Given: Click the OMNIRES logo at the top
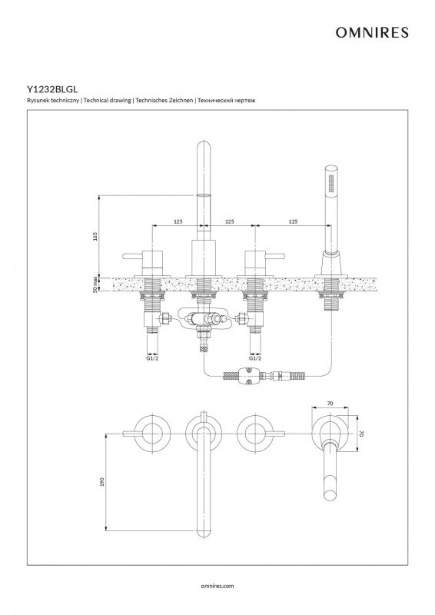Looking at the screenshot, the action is click(x=372, y=32).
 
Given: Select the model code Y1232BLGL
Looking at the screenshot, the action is click(x=52, y=89).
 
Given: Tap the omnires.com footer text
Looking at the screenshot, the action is click(x=217, y=586).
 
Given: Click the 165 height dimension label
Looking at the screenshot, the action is click(x=95, y=236).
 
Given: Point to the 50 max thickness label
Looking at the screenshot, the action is click(x=95, y=284).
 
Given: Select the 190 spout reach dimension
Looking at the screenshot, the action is click(x=102, y=482).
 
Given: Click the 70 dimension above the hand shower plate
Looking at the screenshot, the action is click(x=330, y=403).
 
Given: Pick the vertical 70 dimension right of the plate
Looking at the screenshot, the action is click(x=362, y=434).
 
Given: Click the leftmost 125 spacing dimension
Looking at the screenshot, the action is click(x=178, y=221).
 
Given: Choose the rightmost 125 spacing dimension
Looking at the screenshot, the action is click(x=293, y=221).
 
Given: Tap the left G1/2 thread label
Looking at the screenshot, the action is click(x=152, y=358).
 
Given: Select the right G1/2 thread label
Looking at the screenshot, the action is click(x=255, y=358).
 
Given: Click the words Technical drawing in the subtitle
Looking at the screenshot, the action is click(x=107, y=101).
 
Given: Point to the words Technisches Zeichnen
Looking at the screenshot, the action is click(x=164, y=101).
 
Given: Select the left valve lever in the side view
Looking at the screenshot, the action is click(x=133, y=256).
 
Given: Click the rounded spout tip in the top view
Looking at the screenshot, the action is click(x=203, y=533).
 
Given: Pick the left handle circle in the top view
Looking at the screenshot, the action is click(x=152, y=434).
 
